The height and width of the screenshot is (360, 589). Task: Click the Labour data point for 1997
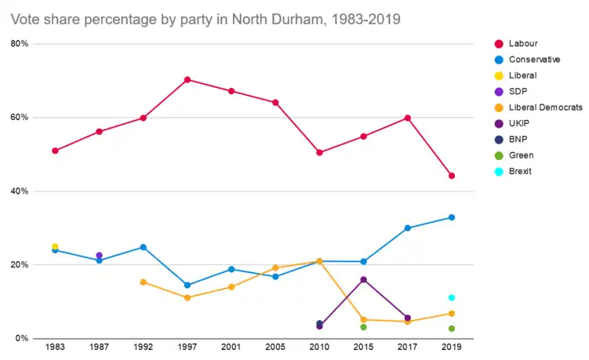pos(187,79)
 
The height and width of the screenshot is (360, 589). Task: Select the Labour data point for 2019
pos(452,176)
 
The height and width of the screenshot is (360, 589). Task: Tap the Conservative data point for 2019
pos(452,217)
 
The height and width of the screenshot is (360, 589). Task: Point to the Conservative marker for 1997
pos(187,285)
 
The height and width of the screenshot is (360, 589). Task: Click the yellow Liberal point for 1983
pos(55,247)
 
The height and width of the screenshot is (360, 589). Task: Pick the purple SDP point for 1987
pos(99,256)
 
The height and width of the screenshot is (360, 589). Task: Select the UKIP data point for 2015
pos(363,279)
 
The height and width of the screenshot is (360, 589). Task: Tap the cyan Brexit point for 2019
pos(452,297)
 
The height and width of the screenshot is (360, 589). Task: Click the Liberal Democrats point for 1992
pos(143,282)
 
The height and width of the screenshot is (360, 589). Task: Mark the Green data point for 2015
pos(363,327)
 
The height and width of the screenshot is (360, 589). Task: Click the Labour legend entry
pos(522,43)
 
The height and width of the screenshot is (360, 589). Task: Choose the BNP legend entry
pos(519,139)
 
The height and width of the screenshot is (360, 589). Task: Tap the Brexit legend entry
pos(520,171)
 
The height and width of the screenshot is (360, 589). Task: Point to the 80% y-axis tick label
pos(20,44)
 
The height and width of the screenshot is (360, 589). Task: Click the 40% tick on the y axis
pos(20,191)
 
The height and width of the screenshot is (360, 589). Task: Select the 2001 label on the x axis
pos(231,346)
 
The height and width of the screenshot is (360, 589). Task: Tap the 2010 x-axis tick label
pos(319,346)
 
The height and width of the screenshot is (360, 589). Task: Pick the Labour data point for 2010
pos(319,152)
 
